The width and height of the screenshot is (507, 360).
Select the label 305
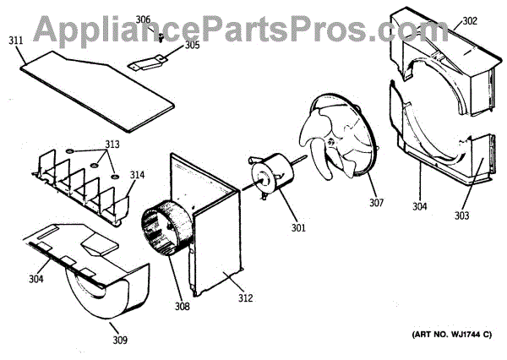[x=193, y=46]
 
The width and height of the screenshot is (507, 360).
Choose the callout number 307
[x=376, y=204]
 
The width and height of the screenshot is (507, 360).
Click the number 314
[x=137, y=175]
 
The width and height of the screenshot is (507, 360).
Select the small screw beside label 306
[x=158, y=35]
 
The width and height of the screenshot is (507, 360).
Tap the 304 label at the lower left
[x=35, y=278]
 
